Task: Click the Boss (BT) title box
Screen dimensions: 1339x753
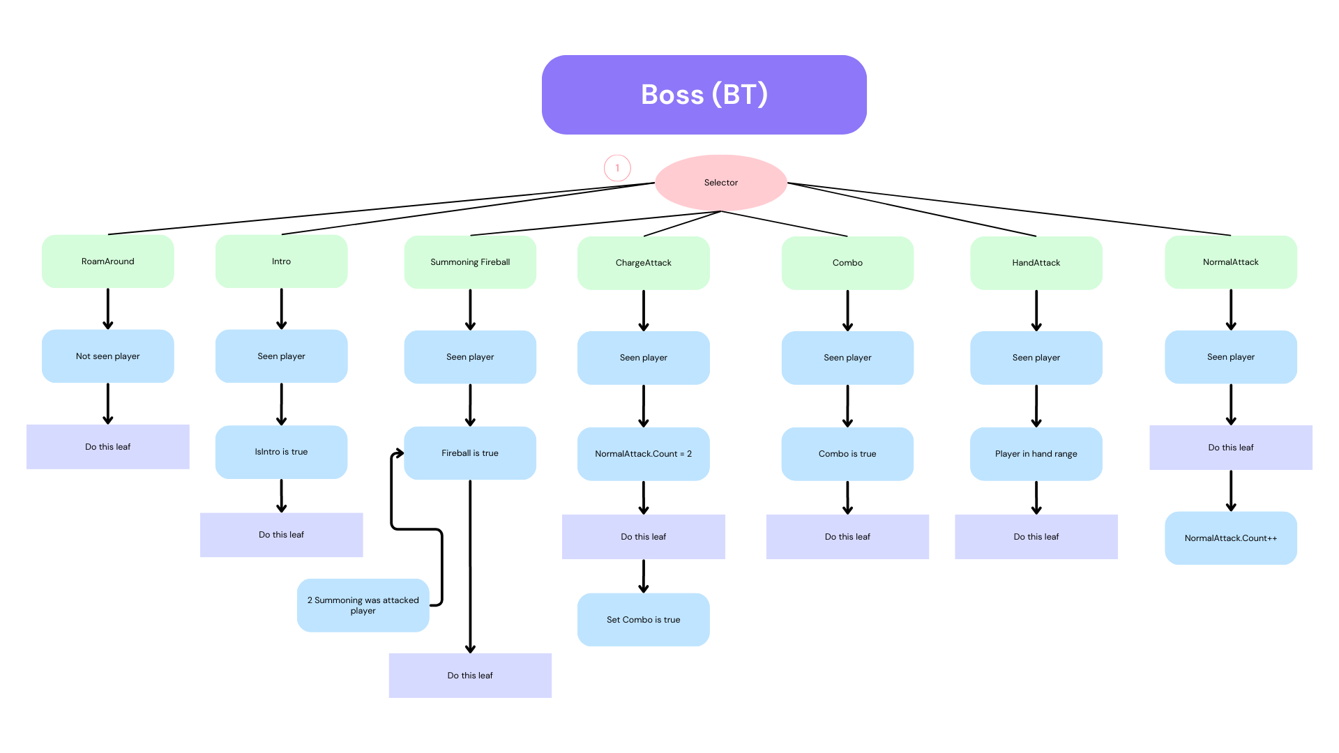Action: pyautogui.click(x=704, y=95)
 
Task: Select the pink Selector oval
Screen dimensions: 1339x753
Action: pyautogui.click(x=721, y=183)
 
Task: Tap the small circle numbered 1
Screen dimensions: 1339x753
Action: pyautogui.click(x=617, y=168)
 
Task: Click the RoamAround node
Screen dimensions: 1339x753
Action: pyautogui.click(x=108, y=261)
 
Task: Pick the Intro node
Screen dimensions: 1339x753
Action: pyautogui.click(x=282, y=261)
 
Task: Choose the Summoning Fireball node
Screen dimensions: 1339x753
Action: pyautogui.click(x=470, y=262)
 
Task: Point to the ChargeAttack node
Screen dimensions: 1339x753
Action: pyautogui.click(x=644, y=263)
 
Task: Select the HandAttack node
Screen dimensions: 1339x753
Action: pyautogui.click(x=1036, y=263)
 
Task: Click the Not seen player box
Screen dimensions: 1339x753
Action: pyautogui.click(x=108, y=356)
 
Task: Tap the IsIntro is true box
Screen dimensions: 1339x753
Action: pyautogui.click(x=282, y=452)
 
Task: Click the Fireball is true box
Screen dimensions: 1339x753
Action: pyautogui.click(x=470, y=453)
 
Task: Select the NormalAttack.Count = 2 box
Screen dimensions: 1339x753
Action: pyautogui.click(x=644, y=454)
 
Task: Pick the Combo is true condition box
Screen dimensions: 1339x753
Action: pyautogui.click(x=847, y=454)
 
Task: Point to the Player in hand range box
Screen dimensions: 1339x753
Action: pyautogui.click(x=1036, y=454)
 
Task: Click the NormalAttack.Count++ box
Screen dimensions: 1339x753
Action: pyautogui.click(x=1231, y=538)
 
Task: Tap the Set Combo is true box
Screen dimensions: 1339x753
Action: pyautogui.click(x=644, y=620)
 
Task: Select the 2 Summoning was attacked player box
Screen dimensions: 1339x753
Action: pyautogui.click(x=363, y=605)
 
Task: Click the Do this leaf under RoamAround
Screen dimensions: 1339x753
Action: pyautogui.click(x=108, y=447)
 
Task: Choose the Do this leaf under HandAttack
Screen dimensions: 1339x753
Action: pyautogui.click(x=1036, y=537)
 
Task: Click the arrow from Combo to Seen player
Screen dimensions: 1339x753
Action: pyautogui.click(x=847, y=310)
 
